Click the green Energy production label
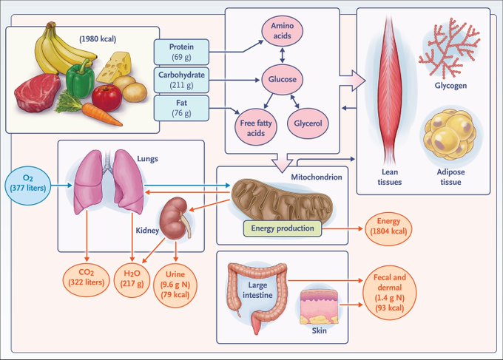click(x=281, y=229)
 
